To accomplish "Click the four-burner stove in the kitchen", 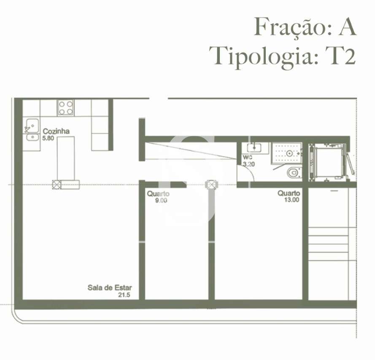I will coord(66,107).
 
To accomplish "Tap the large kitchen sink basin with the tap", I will coord(31,125).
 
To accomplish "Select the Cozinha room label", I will coord(56,132).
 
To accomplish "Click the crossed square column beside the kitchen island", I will coord(57,184).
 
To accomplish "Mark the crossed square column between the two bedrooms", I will coord(211,184).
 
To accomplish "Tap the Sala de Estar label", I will coord(109,288).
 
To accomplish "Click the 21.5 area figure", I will coord(124,295).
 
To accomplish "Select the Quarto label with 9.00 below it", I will coord(158,194).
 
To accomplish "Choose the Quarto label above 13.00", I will coord(289,193).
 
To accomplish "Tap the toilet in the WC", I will coord(293,172).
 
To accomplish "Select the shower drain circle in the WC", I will coord(289,153).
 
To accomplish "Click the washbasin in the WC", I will coord(254,148).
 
